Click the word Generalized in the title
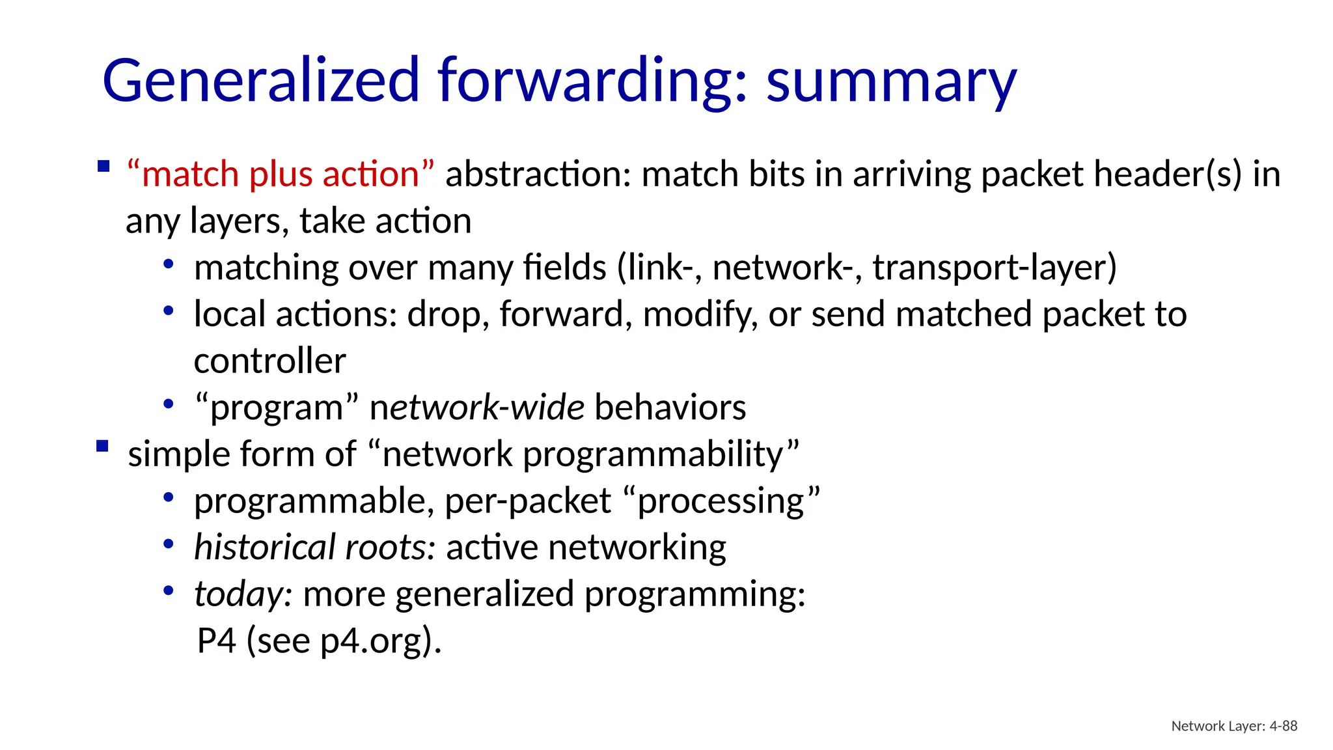point(260,81)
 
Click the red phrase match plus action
point(281,174)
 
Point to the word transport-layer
point(994,268)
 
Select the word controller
point(269,361)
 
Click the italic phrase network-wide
point(477,408)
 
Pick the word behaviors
point(670,408)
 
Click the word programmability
point(661,454)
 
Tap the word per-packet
point(528,501)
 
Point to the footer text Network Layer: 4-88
point(1234,726)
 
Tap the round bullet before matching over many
point(169,264)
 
